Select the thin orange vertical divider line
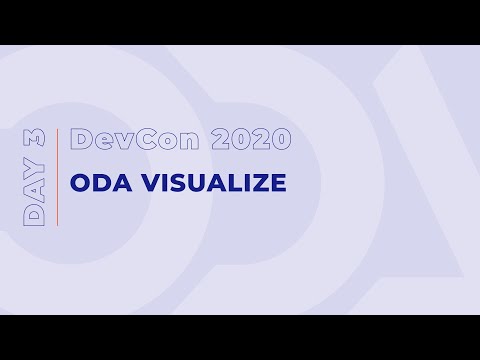(x=57, y=178)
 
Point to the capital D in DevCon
(x=81, y=140)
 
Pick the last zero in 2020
(x=280, y=140)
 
